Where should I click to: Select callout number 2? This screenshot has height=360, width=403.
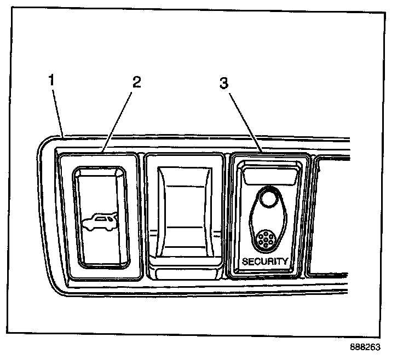[x=137, y=82]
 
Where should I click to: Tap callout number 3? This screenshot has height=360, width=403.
[x=223, y=83]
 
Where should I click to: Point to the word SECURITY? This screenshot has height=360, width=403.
[x=264, y=262]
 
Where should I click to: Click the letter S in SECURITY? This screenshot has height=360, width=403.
[x=245, y=262]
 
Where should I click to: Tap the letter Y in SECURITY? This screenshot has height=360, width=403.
[x=284, y=262]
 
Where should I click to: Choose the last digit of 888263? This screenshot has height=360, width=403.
[x=377, y=347]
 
